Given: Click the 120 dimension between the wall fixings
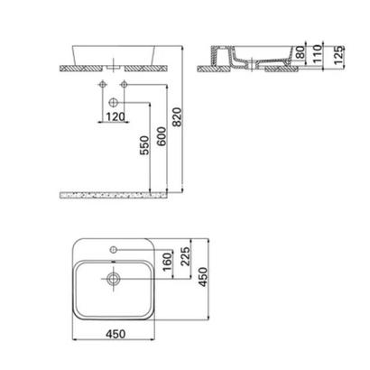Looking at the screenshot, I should [115, 116].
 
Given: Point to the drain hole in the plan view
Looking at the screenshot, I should [114, 280].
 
